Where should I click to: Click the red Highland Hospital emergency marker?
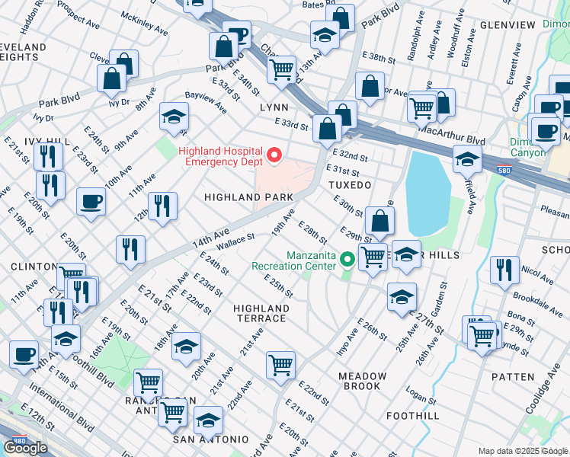[274, 156]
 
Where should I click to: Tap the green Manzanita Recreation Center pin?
[348, 260]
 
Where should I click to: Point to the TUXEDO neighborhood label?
[349, 185]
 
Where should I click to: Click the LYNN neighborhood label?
[274, 107]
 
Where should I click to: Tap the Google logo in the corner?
[25, 448]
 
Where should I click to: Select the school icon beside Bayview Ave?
[174, 117]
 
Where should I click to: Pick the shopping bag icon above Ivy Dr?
[111, 77]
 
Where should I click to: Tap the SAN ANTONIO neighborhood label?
[210, 439]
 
